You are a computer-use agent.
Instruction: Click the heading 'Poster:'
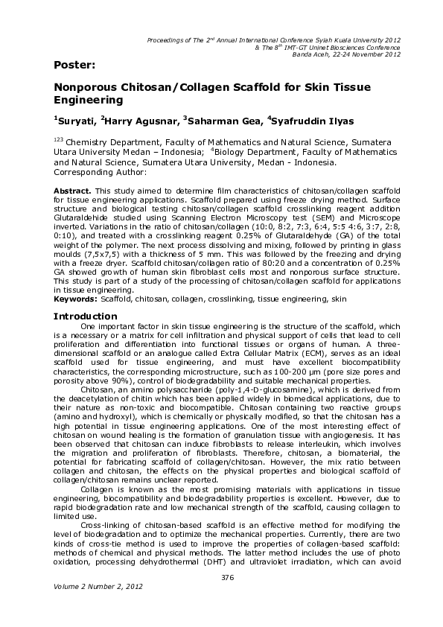pos(73,65)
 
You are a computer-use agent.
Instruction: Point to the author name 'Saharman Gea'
pos(226,121)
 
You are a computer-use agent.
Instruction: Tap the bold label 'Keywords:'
pos(75,298)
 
